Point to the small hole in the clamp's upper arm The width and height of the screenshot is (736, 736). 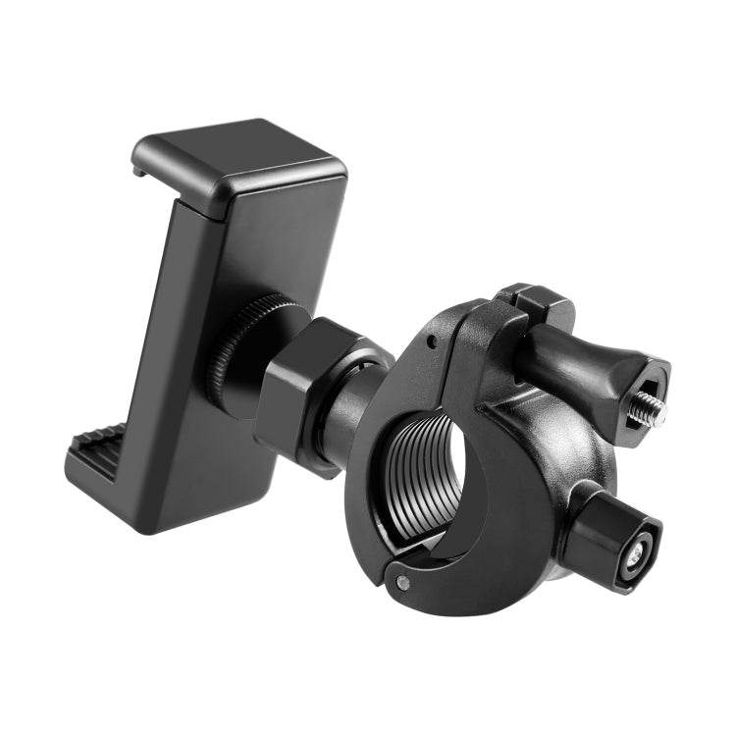(429, 343)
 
